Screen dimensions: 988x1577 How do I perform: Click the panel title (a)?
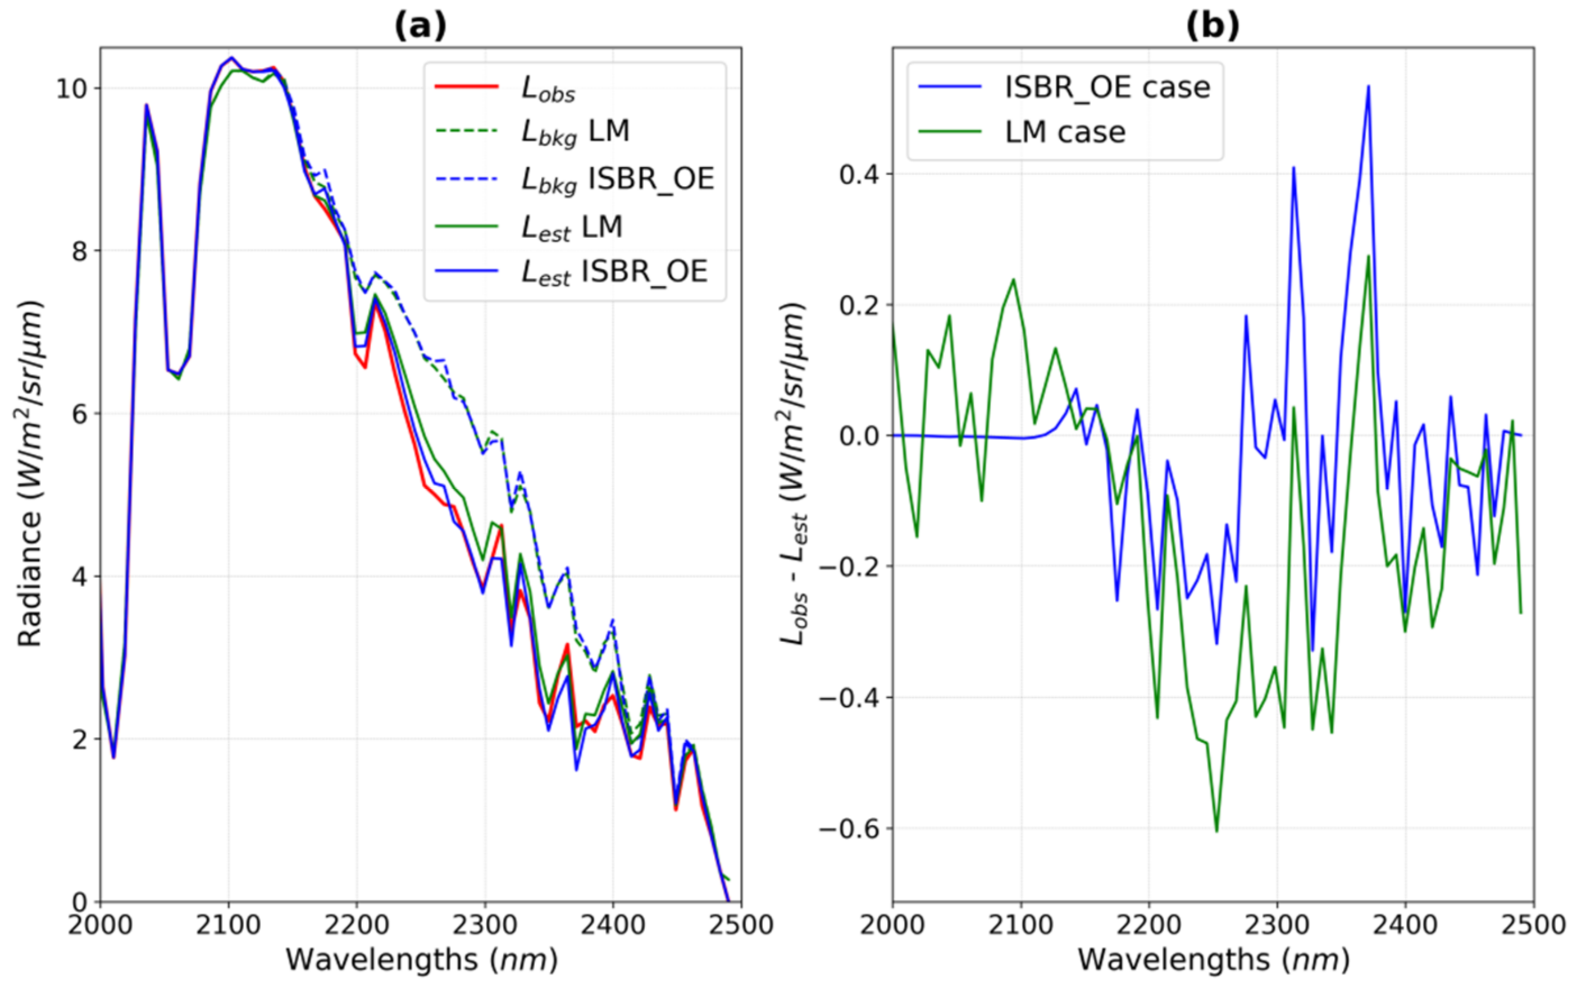[x=420, y=26]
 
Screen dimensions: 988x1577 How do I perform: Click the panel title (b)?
[x=1213, y=26]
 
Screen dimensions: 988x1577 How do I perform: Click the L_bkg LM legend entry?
[x=575, y=132]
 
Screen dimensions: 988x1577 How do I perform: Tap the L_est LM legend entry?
[x=572, y=227]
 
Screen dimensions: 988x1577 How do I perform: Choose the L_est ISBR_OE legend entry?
[x=614, y=272]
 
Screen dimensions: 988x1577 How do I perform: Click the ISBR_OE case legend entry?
[x=1106, y=87]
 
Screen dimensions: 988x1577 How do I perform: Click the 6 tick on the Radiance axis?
[x=79, y=414]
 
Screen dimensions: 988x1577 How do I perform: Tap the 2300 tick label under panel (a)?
[x=484, y=926]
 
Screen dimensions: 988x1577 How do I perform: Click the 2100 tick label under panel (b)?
[x=1021, y=926]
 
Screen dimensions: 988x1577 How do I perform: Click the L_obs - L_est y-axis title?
[x=794, y=474]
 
